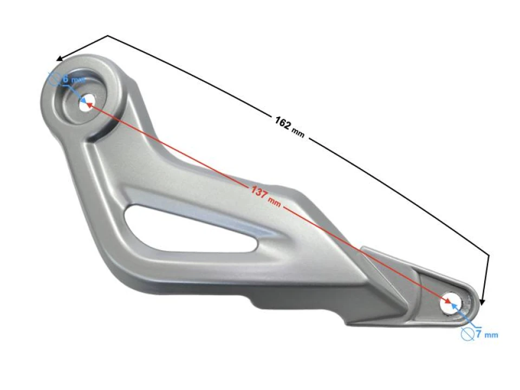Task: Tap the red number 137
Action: tap(258, 191)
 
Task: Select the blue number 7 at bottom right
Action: tap(479, 334)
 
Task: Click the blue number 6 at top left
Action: tap(66, 79)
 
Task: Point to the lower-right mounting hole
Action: tap(449, 304)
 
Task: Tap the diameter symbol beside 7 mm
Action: tap(466, 334)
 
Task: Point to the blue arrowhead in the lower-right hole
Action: tap(453, 309)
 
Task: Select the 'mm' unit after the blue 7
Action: tap(491, 335)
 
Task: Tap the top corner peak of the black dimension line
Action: tap(108, 36)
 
